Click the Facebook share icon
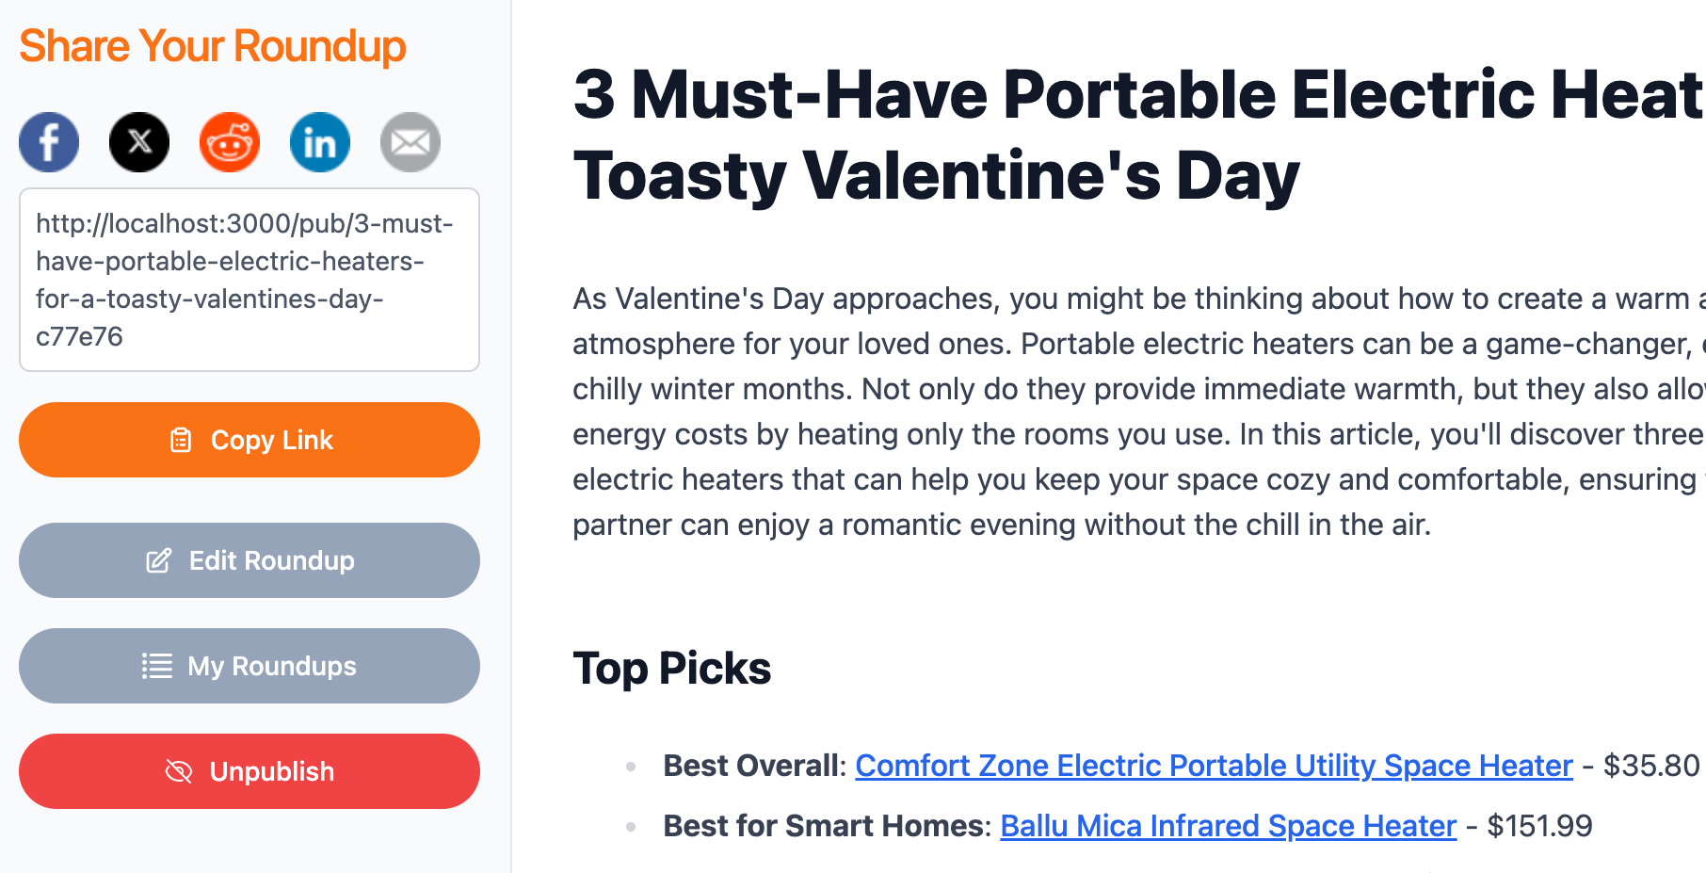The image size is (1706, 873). click(x=49, y=142)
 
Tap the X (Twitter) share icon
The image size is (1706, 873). click(x=139, y=142)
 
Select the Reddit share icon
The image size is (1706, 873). click(x=230, y=142)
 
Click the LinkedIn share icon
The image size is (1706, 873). click(x=320, y=142)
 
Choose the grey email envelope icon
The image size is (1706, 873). click(x=410, y=142)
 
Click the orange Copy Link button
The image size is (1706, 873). click(x=249, y=440)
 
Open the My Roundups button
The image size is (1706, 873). click(x=249, y=666)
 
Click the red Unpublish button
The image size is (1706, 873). click(x=249, y=771)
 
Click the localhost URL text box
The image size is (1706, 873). click(x=249, y=280)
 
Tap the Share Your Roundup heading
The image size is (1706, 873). click(x=213, y=46)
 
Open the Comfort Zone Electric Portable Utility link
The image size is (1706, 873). click(x=1214, y=766)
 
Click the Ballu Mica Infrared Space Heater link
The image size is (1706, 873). click(x=1228, y=826)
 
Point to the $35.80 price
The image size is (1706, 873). click(x=1651, y=766)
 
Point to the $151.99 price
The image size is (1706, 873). click(x=1539, y=826)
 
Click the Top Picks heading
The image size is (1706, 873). click(x=672, y=669)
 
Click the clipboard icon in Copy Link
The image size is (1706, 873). click(x=181, y=440)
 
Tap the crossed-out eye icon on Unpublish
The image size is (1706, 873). click(x=179, y=771)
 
